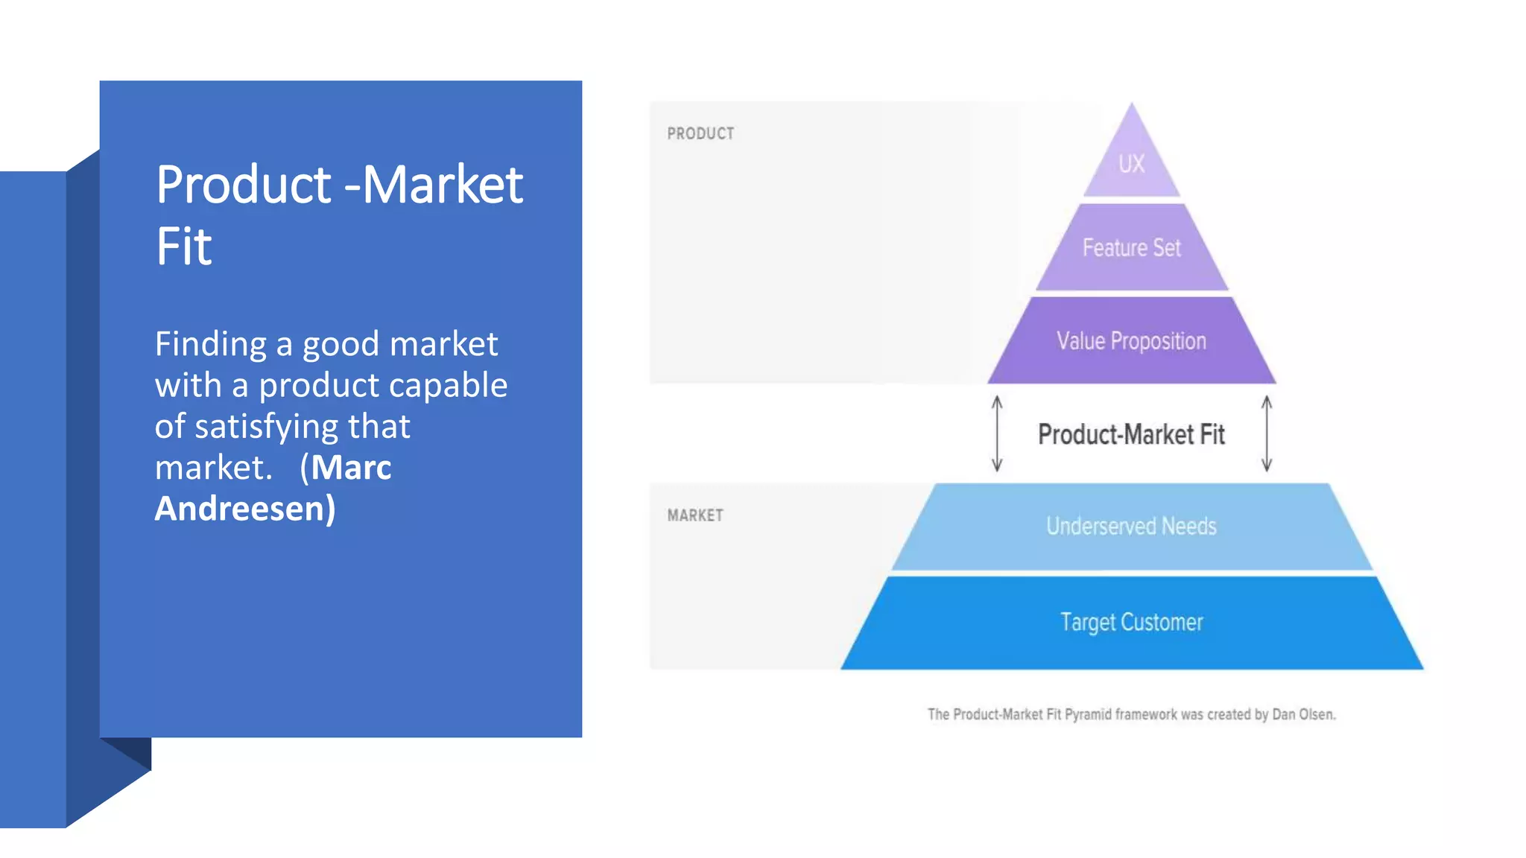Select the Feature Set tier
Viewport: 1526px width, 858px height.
tap(1131, 248)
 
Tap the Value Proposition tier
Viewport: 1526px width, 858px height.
tap(1131, 341)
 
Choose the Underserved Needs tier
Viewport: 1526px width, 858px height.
tap(1131, 527)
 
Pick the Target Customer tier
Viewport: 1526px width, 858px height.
tap(1131, 622)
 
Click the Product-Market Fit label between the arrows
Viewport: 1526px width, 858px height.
tap(1131, 434)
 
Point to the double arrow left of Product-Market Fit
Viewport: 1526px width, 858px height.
tap(997, 434)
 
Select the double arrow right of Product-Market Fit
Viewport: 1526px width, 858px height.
tap(1267, 434)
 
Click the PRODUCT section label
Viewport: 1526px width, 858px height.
tap(700, 134)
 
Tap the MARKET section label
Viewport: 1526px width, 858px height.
tap(695, 515)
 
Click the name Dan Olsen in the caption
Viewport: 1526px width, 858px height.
tap(1303, 715)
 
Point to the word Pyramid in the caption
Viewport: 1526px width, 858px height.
tap(1088, 715)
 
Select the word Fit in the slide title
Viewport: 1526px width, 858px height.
tap(184, 247)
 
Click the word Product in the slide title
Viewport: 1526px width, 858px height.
tap(244, 185)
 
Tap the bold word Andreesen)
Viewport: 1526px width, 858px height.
tap(245, 509)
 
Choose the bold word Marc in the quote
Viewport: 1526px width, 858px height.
tap(351, 468)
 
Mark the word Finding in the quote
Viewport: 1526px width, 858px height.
tap(211, 345)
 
